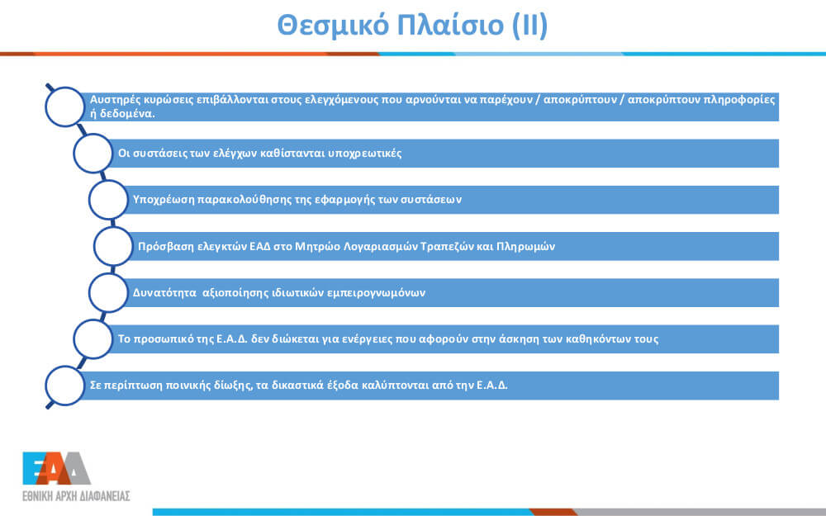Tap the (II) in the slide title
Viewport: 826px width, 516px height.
click(530, 26)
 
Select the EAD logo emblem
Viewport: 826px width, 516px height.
click(56, 468)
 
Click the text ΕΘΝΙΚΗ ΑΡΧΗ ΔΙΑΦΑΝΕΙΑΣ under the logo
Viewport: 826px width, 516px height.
click(76, 496)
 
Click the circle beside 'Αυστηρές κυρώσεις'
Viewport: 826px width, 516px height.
click(64, 107)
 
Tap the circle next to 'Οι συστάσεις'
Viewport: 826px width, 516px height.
click(93, 154)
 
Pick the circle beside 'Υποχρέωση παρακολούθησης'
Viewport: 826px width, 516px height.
click(108, 200)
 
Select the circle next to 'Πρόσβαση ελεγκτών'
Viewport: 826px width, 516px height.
click(113, 246)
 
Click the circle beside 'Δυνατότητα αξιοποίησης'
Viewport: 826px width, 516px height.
click(108, 292)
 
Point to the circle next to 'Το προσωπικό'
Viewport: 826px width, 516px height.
click(93, 339)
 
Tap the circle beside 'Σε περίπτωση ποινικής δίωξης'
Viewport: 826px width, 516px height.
click(64, 386)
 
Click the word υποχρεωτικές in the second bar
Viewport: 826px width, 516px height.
click(365, 154)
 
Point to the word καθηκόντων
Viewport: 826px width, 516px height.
click(598, 339)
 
